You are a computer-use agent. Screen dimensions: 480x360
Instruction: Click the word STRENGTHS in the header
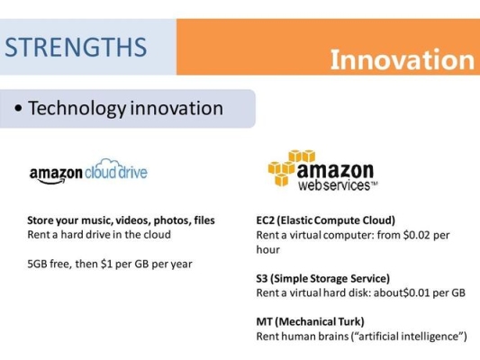(x=76, y=47)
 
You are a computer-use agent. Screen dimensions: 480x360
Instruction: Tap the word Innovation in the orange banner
(x=403, y=59)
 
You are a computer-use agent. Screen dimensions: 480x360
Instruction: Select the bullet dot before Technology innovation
(x=18, y=108)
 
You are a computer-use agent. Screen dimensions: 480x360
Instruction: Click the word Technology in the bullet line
(x=77, y=109)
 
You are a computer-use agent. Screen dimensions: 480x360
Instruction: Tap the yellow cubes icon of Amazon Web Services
(x=291, y=167)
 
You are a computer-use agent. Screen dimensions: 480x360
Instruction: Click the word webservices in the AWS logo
(x=334, y=185)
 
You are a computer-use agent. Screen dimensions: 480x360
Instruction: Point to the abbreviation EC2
(x=265, y=220)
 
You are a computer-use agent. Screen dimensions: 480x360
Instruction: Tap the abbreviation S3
(x=262, y=278)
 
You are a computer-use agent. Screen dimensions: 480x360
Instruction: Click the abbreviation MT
(x=264, y=321)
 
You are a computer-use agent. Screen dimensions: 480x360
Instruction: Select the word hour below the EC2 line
(x=267, y=249)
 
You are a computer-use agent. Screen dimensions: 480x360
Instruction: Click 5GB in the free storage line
(x=37, y=264)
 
